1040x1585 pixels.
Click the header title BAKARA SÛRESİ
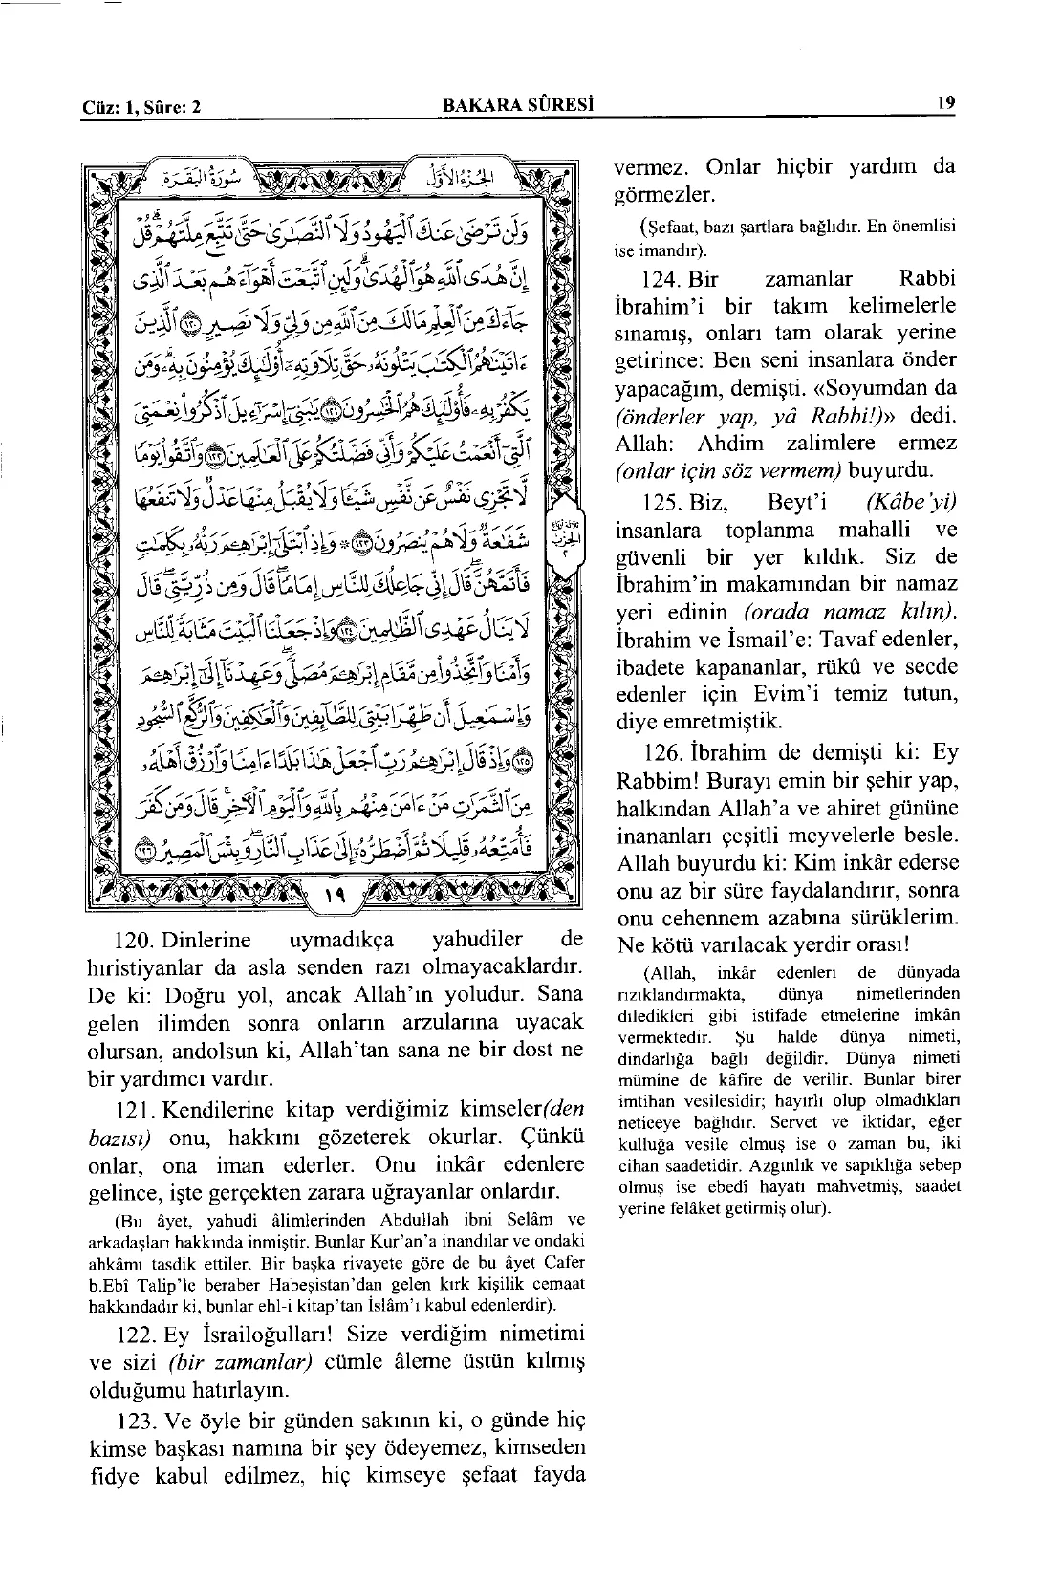(513, 106)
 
